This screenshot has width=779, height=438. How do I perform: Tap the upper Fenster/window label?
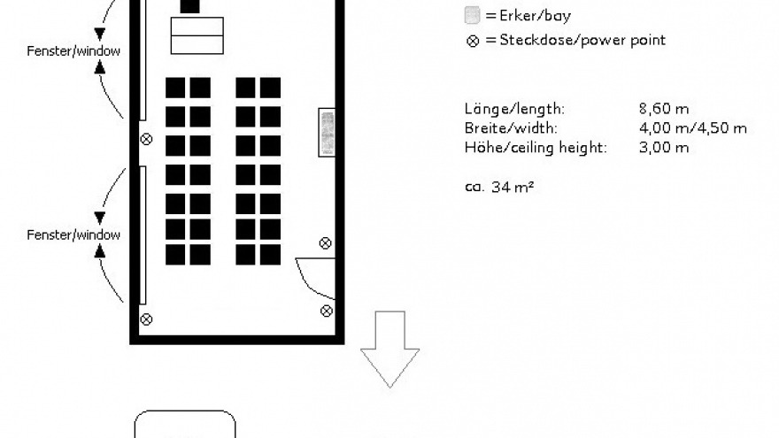[73, 51]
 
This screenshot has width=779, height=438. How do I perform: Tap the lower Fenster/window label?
[73, 234]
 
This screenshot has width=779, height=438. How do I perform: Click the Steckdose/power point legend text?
[582, 40]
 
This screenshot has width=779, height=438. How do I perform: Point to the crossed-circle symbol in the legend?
[472, 41]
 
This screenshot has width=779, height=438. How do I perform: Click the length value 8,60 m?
[663, 109]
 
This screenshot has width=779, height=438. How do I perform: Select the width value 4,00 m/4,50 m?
[692, 128]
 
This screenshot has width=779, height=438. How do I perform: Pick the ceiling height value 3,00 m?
[663, 148]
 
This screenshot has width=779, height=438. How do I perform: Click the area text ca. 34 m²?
[498, 187]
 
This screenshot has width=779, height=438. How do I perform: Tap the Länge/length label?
[513, 109]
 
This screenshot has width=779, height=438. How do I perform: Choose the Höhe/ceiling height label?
[536, 148]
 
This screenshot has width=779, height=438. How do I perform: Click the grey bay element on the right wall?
[327, 132]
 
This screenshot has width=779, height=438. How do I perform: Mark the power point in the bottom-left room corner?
[146, 319]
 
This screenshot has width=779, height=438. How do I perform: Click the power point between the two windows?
[146, 139]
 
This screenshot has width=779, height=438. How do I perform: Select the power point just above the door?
[326, 243]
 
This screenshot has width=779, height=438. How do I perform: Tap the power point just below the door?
[326, 310]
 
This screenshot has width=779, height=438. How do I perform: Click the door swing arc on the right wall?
[312, 275]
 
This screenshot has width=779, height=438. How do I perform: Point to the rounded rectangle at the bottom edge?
[185, 424]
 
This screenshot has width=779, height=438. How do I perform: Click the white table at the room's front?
[197, 36]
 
